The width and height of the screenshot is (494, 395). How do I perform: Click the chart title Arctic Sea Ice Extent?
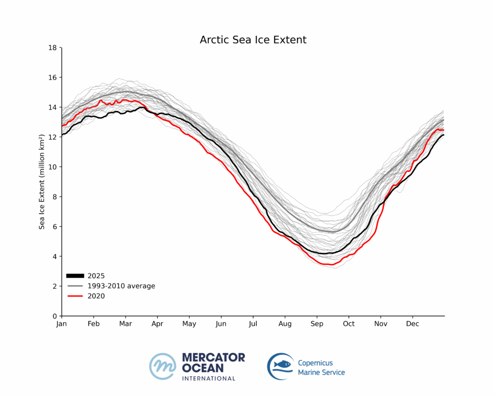click(x=253, y=40)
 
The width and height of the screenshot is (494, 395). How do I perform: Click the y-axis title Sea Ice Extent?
click(x=42, y=181)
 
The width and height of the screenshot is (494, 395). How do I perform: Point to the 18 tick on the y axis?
click(x=54, y=48)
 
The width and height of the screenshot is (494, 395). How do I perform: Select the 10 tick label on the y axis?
click(x=54, y=167)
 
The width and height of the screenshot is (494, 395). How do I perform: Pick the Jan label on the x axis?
click(x=62, y=324)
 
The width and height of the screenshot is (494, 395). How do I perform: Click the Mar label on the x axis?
click(x=125, y=324)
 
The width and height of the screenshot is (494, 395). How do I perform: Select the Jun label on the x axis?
click(x=221, y=324)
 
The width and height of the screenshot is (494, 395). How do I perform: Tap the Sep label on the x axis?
click(x=316, y=324)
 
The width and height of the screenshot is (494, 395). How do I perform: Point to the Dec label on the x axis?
click(x=412, y=324)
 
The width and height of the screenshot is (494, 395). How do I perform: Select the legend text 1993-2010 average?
click(x=121, y=286)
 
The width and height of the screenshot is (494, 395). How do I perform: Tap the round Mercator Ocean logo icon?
click(x=163, y=367)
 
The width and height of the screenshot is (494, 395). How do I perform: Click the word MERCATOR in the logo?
click(x=213, y=357)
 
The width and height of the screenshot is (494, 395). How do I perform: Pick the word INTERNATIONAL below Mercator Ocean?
click(x=208, y=379)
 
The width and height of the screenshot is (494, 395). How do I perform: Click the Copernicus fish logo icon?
click(x=280, y=367)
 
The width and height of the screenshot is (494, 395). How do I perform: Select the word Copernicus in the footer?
click(x=315, y=363)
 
